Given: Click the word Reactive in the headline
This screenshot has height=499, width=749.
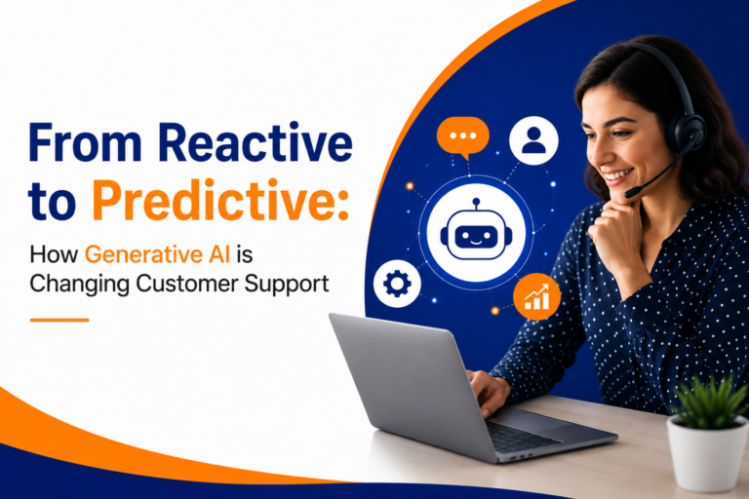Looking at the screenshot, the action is point(255,142).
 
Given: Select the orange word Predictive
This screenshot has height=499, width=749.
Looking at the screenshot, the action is point(220,201).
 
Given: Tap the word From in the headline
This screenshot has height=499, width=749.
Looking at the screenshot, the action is point(86,142).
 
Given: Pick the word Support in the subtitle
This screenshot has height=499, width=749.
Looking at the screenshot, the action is point(287,285).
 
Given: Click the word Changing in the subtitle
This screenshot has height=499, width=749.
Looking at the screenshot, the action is point(79,285).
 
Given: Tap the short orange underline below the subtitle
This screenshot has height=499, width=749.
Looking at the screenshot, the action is point(59,320).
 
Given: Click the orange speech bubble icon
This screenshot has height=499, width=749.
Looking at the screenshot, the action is point(463,137).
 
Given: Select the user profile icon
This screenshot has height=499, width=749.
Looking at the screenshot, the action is point(533,140).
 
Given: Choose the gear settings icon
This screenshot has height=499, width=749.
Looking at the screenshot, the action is point(397,284).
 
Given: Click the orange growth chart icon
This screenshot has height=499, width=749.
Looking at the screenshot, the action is point(537,296).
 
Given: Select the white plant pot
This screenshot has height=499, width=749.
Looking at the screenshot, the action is point(707,452).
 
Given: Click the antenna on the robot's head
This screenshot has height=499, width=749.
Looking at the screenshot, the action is point(476,206).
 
